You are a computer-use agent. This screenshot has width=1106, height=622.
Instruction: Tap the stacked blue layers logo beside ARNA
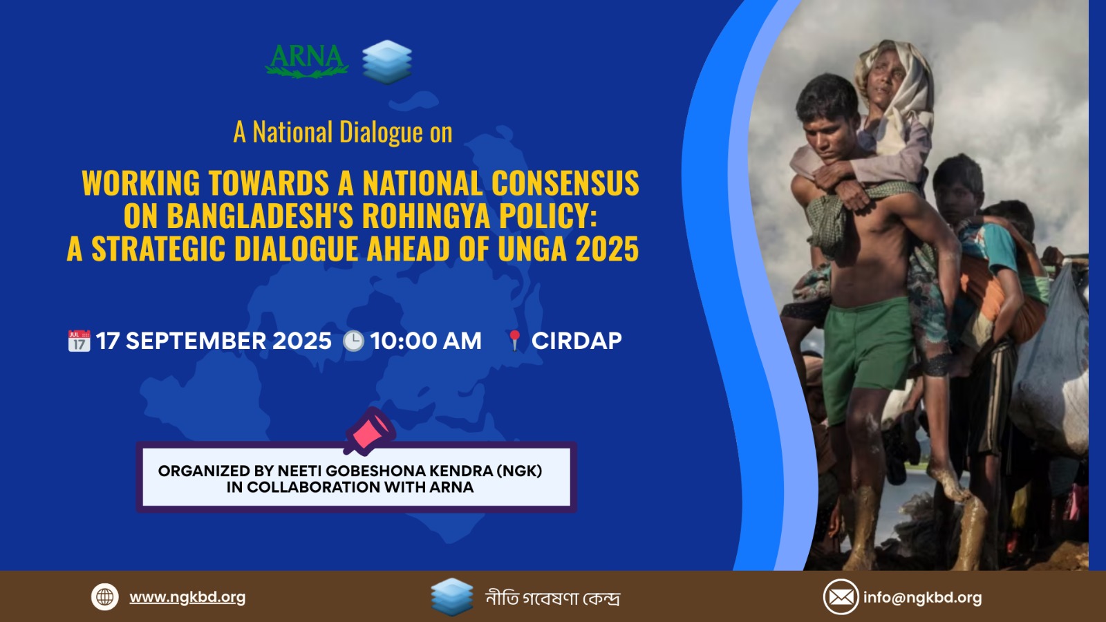(x=386, y=62)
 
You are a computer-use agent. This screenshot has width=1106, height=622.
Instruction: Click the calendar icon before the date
(x=79, y=341)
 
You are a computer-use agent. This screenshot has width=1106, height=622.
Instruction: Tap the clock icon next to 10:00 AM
(x=353, y=341)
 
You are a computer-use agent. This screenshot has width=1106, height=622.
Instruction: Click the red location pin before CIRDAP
(x=514, y=341)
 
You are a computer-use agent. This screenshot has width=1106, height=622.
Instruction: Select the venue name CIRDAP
(x=577, y=341)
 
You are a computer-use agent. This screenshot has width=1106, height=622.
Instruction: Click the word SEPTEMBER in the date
(x=196, y=341)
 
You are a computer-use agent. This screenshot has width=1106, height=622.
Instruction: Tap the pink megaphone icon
(x=370, y=431)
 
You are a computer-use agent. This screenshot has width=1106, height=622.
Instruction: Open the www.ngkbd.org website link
(x=187, y=597)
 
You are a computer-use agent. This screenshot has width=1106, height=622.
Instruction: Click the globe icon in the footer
(x=104, y=597)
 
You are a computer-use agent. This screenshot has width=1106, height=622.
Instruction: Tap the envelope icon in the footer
(x=841, y=597)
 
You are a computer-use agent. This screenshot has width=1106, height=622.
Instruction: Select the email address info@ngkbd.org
(x=922, y=597)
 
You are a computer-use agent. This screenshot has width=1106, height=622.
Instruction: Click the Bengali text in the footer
(x=552, y=598)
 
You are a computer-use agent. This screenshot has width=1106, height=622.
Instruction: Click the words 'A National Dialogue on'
(x=343, y=132)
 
